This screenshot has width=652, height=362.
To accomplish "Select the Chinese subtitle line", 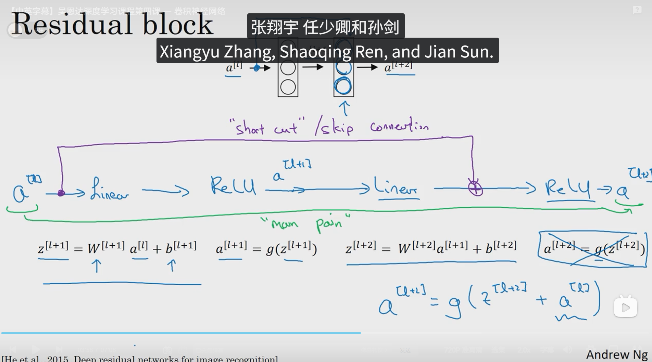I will [325, 27].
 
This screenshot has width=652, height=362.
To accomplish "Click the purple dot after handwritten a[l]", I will [61, 193].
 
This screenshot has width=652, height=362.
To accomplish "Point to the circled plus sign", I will [475, 189].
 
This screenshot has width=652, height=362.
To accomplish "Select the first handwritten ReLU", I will [233, 186].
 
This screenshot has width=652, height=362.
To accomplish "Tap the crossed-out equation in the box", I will [592, 249].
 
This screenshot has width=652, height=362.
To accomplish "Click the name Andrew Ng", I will [616, 354].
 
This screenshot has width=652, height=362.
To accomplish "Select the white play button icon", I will [625, 307].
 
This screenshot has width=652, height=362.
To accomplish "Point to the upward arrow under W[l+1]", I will [97, 266].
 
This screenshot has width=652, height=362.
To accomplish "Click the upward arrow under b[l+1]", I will [172, 266].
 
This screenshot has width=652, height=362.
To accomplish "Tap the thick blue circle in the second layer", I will [343, 86].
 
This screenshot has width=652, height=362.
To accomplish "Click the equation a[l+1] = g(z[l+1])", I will [266, 248].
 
